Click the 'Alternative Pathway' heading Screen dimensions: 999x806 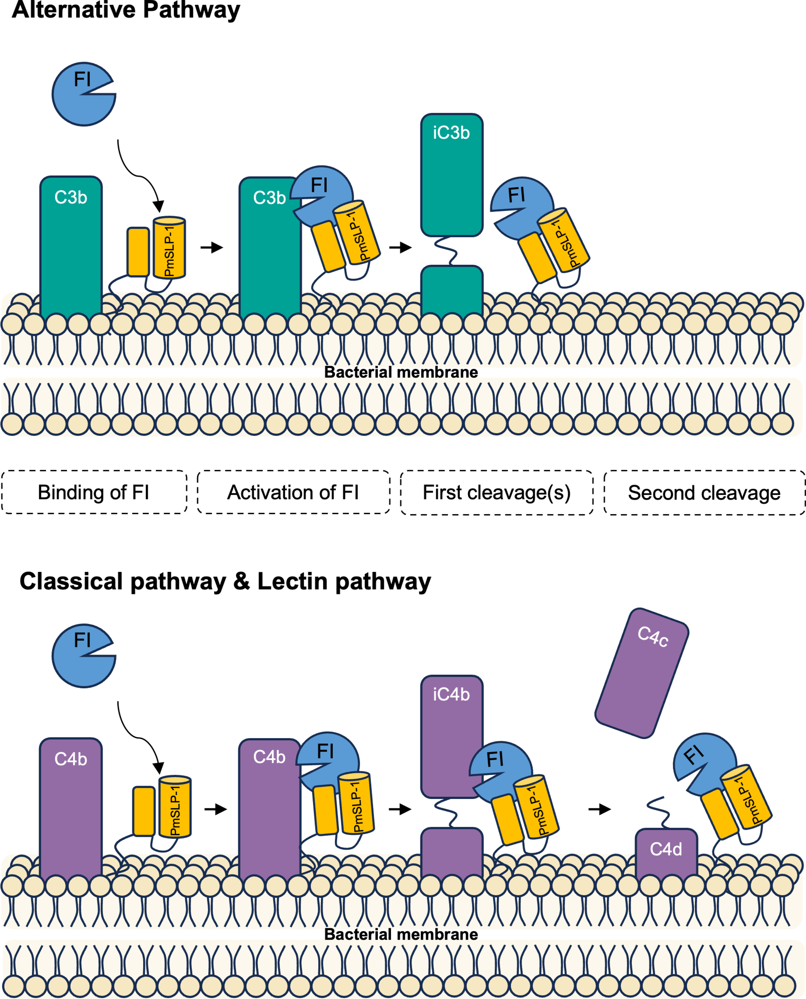pyautogui.click(x=126, y=10)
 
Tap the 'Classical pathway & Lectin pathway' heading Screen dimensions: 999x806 pyautogui.click(x=225, y=581)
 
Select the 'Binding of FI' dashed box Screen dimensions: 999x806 pyautogui.click(x=94, y=492)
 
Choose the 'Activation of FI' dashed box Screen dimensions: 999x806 pyautogui.click(x=293, y=492)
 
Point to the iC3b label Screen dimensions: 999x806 pyautogui.click(x=451, y=133)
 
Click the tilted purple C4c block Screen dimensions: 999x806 pyautogui.click(x=642, y=673)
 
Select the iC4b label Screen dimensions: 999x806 pyautogui.click(x=451, y=695)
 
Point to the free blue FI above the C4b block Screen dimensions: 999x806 pyautogui.click(x=84, y=656)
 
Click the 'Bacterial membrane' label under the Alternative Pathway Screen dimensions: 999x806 pyautogui.click(x=401, y=372)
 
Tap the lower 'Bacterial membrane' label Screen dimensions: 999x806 pyautogui.click(x=401, y=934)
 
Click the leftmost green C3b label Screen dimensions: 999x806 pyautogui.click(x=71, y=198)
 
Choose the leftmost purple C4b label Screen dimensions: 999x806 pyautogui.click(x=71, y=759)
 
